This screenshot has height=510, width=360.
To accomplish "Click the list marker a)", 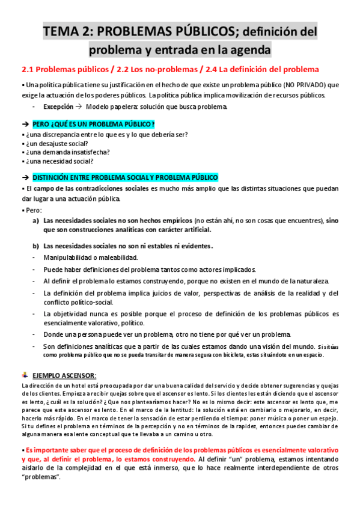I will pos(36,221).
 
